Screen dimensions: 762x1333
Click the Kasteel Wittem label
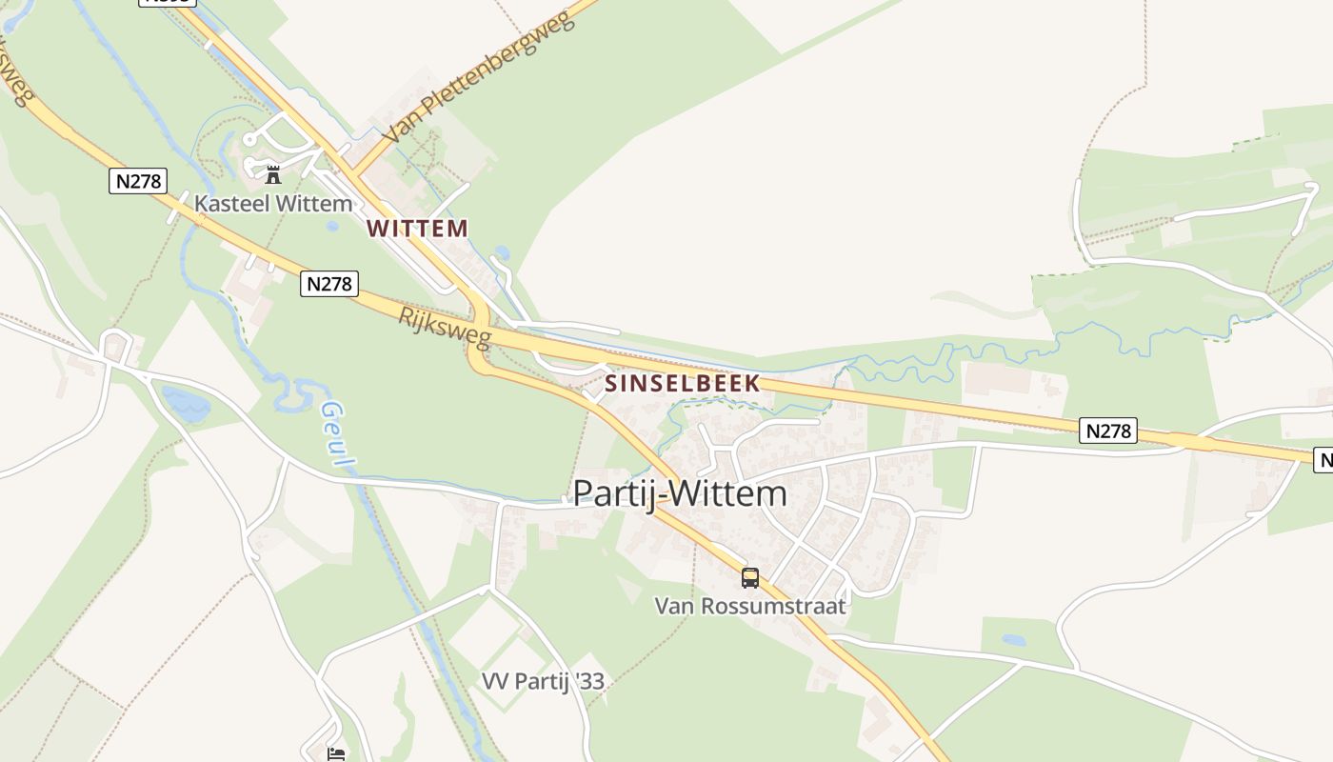273,203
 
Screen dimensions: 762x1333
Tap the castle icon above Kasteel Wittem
273,174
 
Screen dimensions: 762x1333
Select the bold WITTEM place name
418,229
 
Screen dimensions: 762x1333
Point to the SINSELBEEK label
683,384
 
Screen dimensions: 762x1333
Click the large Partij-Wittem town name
680,493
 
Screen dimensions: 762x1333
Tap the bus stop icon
750,577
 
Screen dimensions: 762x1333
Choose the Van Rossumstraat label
750,606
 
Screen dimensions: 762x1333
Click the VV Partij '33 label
543,681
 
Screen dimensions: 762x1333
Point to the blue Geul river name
337,435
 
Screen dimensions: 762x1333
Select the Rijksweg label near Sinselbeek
444,328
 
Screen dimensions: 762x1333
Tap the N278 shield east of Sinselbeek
1109,431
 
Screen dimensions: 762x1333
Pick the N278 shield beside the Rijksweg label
328,283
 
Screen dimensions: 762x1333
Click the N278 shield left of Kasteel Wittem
138,180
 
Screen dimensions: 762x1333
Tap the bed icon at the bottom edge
336,753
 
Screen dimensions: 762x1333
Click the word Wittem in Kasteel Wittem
313,203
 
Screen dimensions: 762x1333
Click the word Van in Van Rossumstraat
673,606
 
